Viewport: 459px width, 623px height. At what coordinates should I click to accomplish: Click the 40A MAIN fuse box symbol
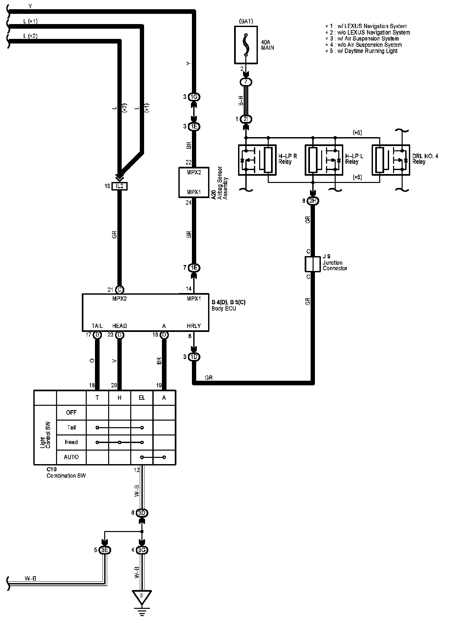pos(246,45)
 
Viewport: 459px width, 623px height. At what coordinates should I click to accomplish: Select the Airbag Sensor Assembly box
pos(194,182)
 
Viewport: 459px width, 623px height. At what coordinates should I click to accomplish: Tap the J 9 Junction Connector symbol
pos(312,264)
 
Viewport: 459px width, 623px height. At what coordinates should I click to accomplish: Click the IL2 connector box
pos(119,187)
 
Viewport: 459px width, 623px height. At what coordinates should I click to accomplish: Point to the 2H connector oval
pos(313,201)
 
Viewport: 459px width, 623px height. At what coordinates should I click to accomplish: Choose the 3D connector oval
pos(142,513)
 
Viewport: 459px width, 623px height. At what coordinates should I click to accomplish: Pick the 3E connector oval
pos(105,550)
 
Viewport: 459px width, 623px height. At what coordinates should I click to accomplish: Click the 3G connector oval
pos(142,550)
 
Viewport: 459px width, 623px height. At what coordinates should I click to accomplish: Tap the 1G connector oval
pos(194,97)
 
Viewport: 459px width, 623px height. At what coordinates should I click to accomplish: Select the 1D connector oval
pos(194,357)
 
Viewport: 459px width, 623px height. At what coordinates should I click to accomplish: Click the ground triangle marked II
pos(142,596)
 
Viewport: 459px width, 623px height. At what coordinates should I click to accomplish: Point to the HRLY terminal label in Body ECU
pos(194,326)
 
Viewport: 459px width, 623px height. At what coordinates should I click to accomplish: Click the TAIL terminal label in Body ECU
pos(97,326)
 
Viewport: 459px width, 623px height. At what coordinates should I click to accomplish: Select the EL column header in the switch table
pos(142,398)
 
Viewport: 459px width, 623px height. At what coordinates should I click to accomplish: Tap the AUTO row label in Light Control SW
pos(71,457)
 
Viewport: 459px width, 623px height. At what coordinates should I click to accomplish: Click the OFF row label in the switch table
pos(71,412)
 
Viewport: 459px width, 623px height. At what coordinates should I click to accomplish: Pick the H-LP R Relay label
pos(288,159)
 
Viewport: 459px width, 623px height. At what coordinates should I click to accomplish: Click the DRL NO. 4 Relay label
pos(425,159)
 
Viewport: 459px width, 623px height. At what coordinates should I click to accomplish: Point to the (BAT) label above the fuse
pos(245,21)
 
